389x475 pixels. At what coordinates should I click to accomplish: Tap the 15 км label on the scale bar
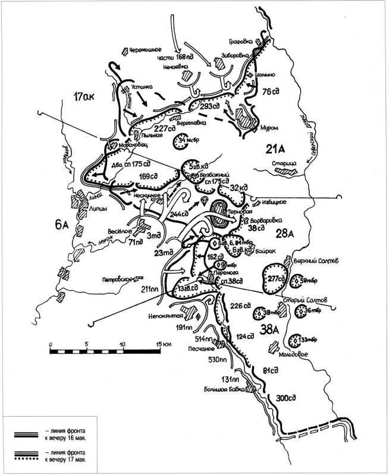164,344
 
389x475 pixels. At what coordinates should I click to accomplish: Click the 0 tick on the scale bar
52,344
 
